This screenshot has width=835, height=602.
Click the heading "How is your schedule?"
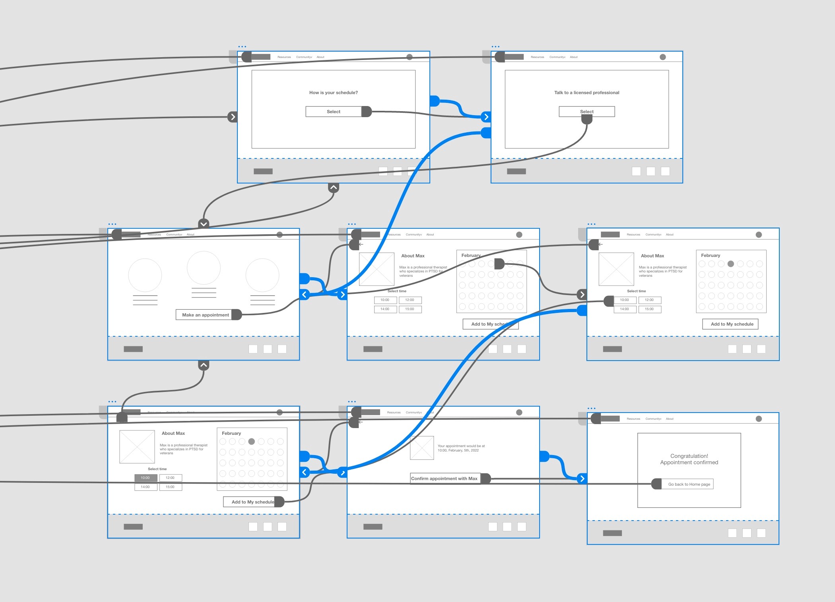333,93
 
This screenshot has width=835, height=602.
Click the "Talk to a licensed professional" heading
586,93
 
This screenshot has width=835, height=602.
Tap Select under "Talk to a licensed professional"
586,112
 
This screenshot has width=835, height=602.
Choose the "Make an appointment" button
205,315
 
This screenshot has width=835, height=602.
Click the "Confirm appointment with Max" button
444,479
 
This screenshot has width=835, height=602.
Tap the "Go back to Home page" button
689,484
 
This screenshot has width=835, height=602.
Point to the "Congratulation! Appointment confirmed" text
689,459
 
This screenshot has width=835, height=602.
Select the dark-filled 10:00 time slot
145,478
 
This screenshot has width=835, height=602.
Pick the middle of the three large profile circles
204,268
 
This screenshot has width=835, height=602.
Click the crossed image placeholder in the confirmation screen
421,448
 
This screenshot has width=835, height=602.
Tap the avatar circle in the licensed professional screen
662,57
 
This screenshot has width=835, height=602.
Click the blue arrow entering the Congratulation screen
582,479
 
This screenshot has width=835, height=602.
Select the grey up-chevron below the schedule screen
334,187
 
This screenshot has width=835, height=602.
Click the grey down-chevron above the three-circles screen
204,224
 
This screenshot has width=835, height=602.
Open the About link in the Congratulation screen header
670,419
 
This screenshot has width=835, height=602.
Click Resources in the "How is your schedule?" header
284,57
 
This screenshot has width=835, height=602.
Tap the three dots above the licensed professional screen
495,46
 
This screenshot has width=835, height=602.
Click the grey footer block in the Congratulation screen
612,533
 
